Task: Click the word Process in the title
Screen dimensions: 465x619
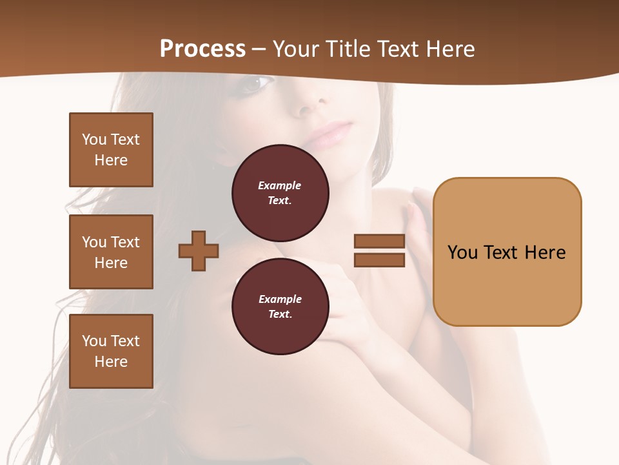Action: (202, 48)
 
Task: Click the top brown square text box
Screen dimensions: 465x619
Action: (111, 150)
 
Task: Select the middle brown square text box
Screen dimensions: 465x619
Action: (111, 252)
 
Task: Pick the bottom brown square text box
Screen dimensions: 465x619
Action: (111, 351)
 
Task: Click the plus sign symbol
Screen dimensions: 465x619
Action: (199, 251)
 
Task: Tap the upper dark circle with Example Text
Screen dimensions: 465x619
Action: (280, 192)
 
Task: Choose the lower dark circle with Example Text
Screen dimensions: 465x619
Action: (280, 306)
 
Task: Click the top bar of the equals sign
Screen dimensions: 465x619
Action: (379, 242)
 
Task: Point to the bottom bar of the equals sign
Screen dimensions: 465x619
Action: (379, 260)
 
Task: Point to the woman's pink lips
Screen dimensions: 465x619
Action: (331, 134)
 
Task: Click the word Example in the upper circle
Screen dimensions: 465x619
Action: (280, 185)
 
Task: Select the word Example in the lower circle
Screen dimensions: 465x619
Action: (280, 299)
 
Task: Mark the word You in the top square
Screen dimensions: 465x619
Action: (94, 139)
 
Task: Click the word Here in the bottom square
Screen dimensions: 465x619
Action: (111, 362)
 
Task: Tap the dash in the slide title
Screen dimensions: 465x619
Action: (259, 49)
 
